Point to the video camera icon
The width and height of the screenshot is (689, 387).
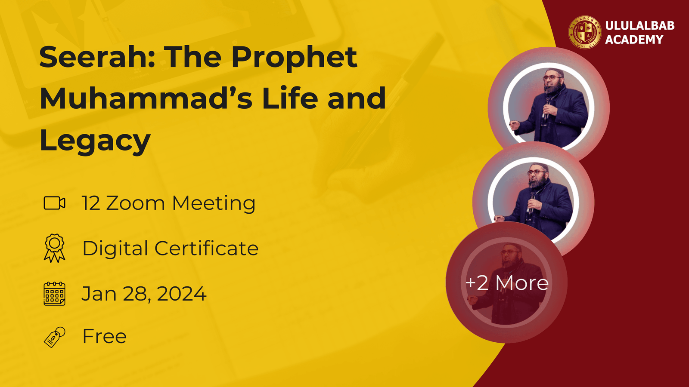[54, 203]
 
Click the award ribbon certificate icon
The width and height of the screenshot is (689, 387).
[54, 248]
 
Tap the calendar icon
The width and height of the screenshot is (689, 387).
[54, 294]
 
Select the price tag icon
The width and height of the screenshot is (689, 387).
[54, 337]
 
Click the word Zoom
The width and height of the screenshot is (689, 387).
[135, 203]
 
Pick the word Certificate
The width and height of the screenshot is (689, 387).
[206, 248]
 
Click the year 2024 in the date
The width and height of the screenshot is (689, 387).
[181, 294]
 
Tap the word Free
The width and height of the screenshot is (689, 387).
[105, 336]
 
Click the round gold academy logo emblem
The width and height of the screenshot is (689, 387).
[584, 32]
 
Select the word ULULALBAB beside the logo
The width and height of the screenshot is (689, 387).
[640, 25]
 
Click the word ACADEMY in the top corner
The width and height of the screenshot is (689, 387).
[634, 40]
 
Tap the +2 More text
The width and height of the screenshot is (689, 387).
[506, 283]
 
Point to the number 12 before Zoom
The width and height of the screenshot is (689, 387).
[91, 203]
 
